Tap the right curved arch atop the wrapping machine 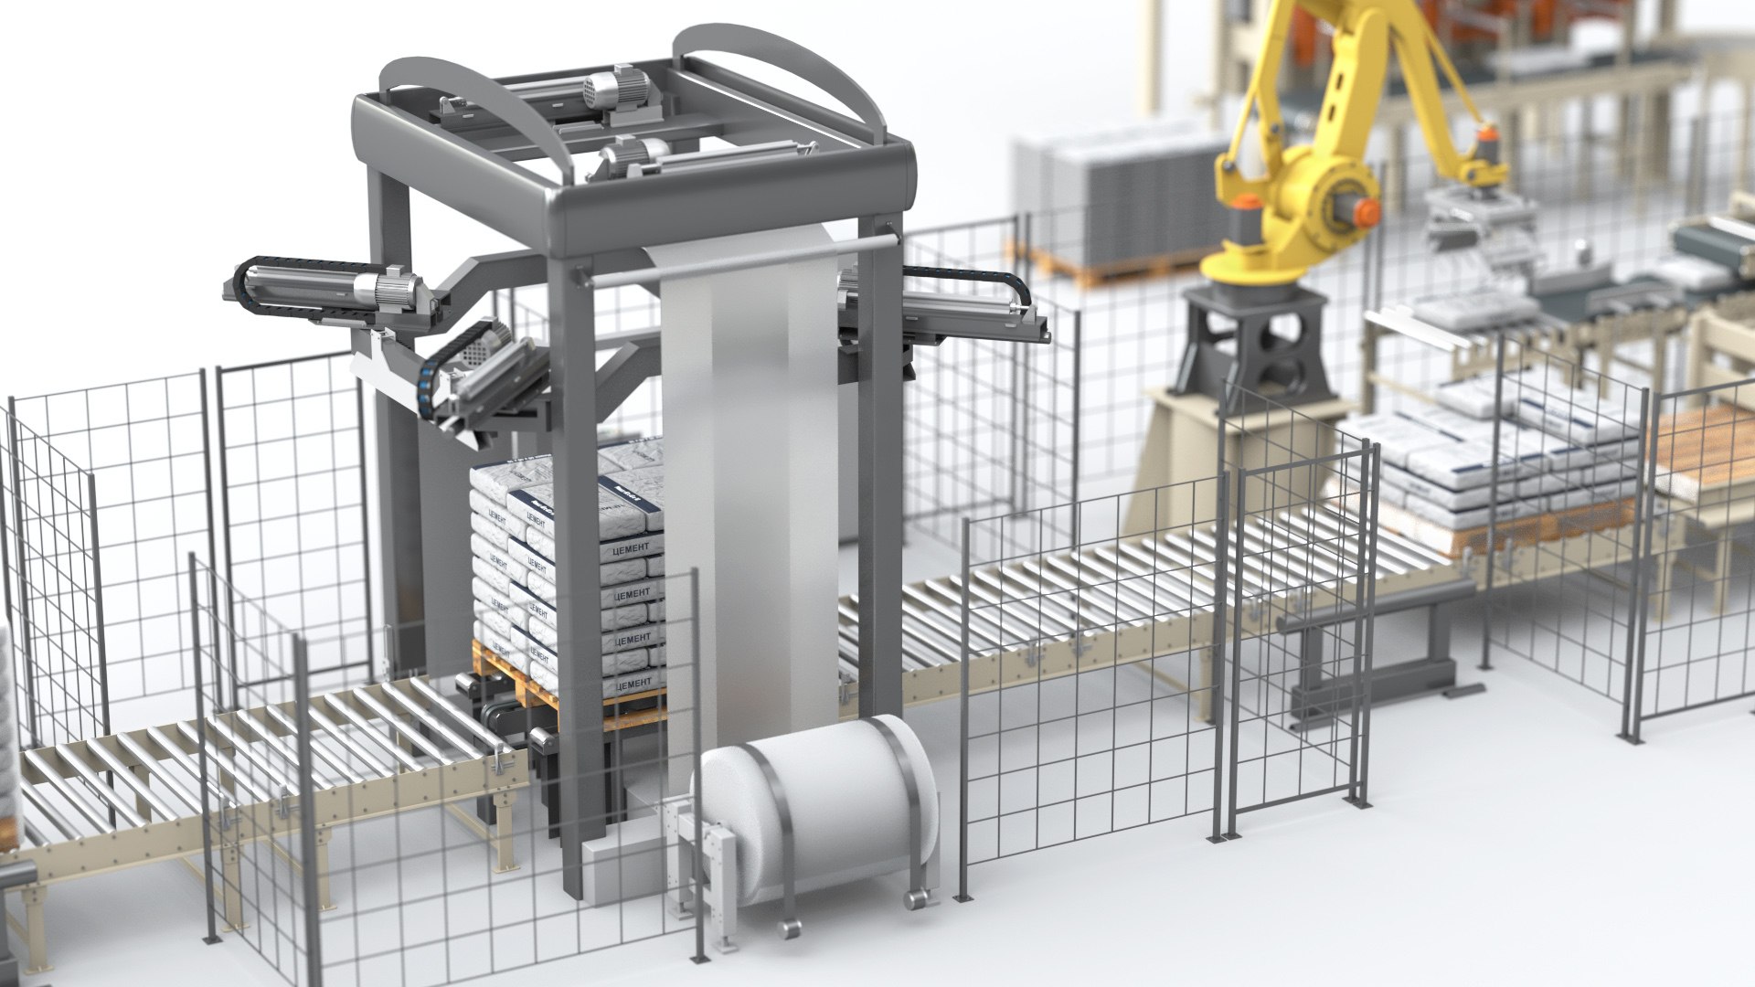[x=804, y=73]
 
